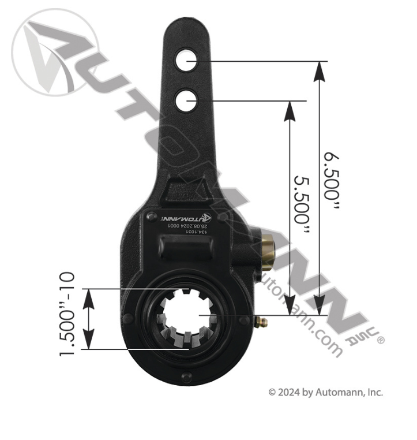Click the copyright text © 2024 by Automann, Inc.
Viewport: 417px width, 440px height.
point(325,393)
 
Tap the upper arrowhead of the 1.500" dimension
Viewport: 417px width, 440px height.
point(88,297)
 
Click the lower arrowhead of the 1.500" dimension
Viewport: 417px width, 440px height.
point(88,341)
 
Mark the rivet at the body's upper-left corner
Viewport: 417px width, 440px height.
point(151,215)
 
